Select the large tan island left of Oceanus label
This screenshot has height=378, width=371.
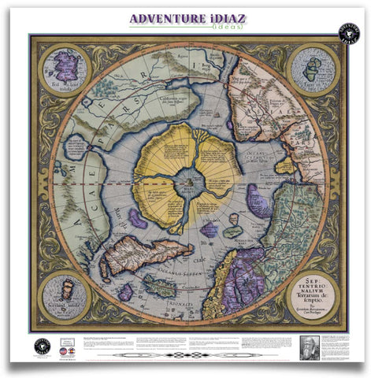[147, 258]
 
